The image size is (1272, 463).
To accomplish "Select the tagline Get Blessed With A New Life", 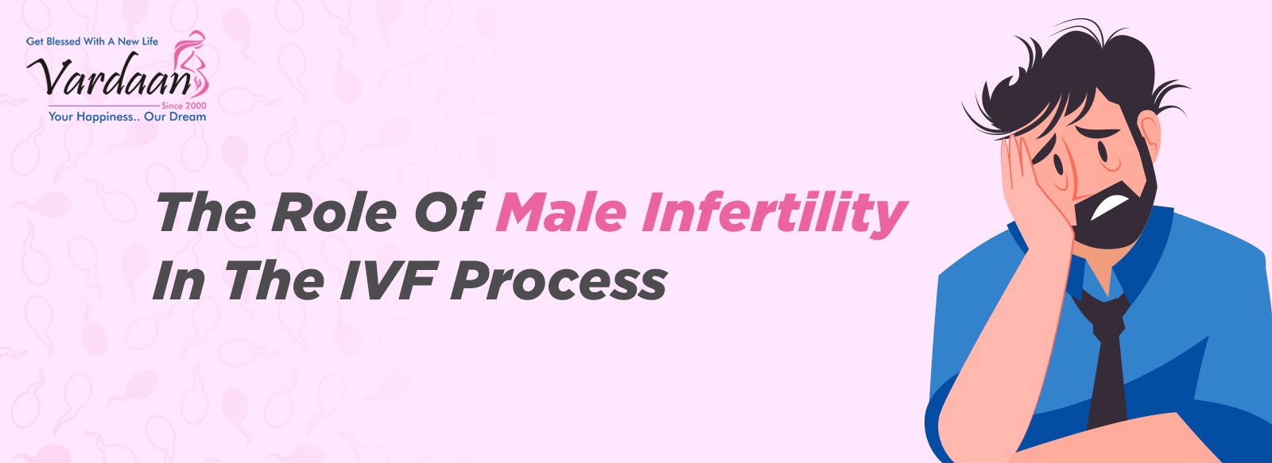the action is [x=92, y=41].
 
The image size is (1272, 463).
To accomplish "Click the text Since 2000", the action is [x=184, y=106].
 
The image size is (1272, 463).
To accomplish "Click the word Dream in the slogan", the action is [x=188, y=116].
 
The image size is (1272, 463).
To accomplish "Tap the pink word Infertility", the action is [x=774, y=214].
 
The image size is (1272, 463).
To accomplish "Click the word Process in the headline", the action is [x=559, y=280].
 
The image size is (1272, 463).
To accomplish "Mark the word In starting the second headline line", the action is [x=179, y=280].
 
